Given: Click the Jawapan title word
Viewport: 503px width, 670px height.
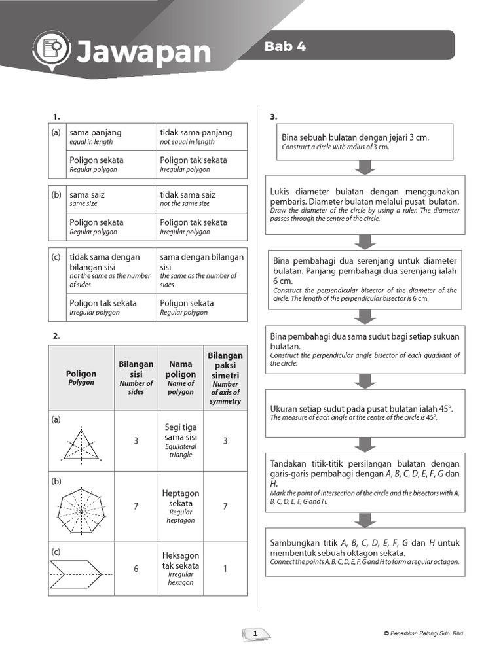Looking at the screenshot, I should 143,52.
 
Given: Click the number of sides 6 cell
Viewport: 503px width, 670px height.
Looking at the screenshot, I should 136,569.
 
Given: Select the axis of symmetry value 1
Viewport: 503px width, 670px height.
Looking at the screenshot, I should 225,569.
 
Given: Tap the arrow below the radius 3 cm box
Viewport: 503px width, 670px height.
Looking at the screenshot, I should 362,168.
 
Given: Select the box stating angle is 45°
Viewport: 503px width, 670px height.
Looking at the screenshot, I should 365,413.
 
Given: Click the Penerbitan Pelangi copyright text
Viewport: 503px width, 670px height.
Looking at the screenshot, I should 424,633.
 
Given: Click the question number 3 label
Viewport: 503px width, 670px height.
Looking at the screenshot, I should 274,116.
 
